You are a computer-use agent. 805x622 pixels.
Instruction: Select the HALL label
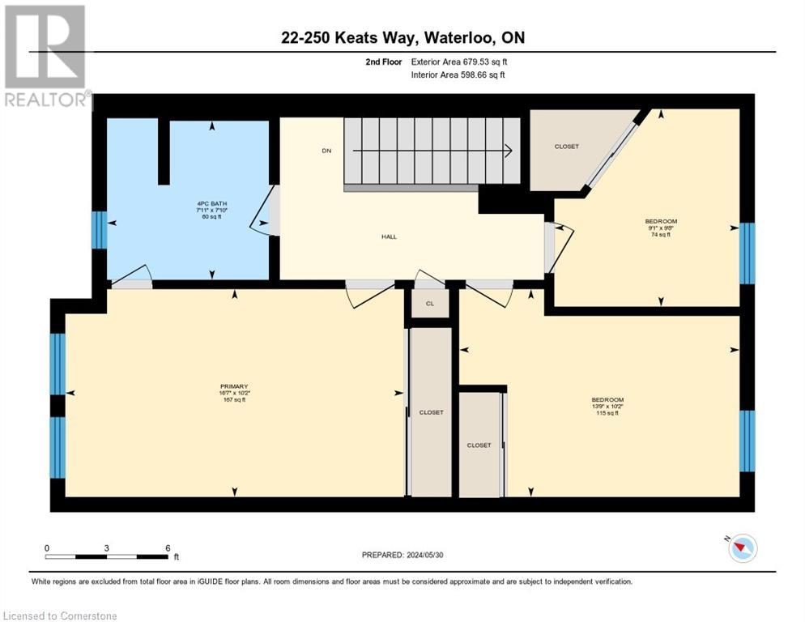tap(390, 236)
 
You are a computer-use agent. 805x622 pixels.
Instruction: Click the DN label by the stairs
tap(326, 151)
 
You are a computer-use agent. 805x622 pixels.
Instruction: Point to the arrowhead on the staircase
tap(508, 151)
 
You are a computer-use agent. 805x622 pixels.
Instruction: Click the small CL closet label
tap(430, 304)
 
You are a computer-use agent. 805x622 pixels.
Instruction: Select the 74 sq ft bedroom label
tap(660, 228)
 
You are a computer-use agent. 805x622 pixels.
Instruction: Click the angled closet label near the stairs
tap(566, 147)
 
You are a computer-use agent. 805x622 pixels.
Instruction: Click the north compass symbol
tap(742, 548)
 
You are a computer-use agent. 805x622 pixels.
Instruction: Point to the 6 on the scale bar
tap(168, 547)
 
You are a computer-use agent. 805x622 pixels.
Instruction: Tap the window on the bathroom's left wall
tap(99, 230)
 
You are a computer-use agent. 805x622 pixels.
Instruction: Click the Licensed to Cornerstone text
tap(61, 616)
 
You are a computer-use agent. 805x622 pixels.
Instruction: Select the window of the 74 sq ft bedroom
tap(747, 253)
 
